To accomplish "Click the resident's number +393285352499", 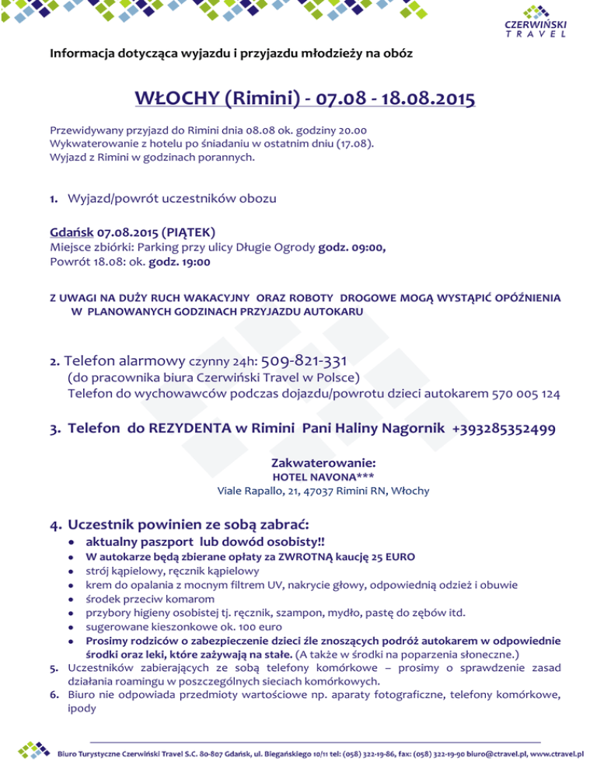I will click(x=497, y=429).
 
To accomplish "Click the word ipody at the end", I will click(x=82, y=709).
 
